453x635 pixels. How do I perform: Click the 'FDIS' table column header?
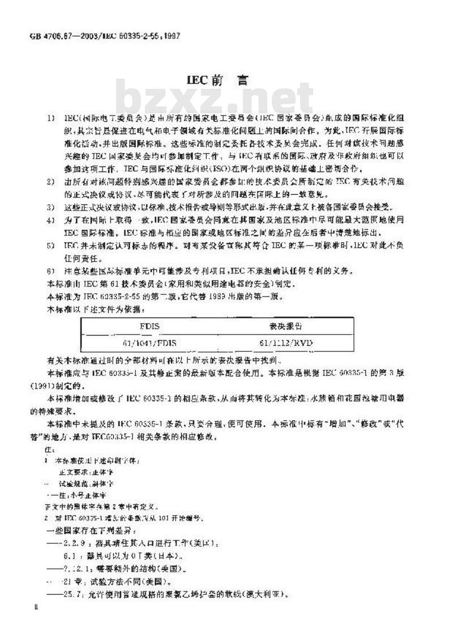point(151,327)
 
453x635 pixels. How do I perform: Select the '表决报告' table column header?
point(286,327)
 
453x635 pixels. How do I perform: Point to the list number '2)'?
point(52,181)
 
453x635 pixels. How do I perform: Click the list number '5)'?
point(52,245)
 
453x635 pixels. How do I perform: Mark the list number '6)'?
point(52,271)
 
